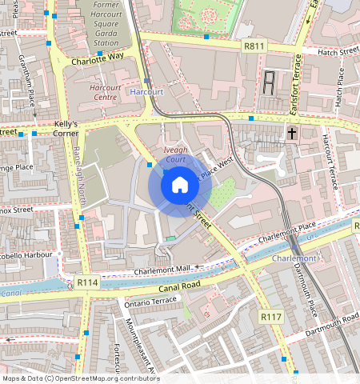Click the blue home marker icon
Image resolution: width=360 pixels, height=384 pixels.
[x=180, y=186]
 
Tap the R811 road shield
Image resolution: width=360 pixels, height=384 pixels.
[x=255, y=47]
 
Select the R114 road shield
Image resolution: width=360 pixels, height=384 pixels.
[x=87, y=282]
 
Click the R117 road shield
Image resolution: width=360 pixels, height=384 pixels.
[x=271, y=318]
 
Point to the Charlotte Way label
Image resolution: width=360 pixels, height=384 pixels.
[x=98, y=58]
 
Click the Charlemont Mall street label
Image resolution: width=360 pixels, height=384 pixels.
[x=162, y=270]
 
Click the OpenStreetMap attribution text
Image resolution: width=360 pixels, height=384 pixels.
[x=81, y=378]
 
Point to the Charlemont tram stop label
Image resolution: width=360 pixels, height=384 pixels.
[x=294, y=258]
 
